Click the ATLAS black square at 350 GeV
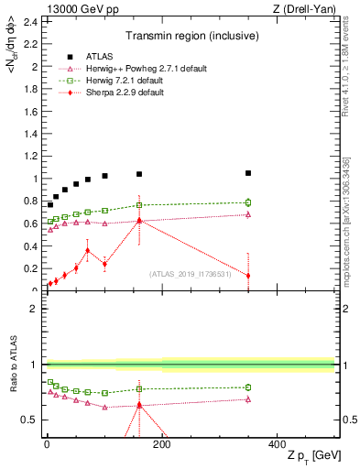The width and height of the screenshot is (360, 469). coord(248,173)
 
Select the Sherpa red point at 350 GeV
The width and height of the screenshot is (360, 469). coord(248,276)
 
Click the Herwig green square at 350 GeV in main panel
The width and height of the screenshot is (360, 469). coord(248,202)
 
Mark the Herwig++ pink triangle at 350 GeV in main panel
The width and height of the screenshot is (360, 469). coord(248,214)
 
